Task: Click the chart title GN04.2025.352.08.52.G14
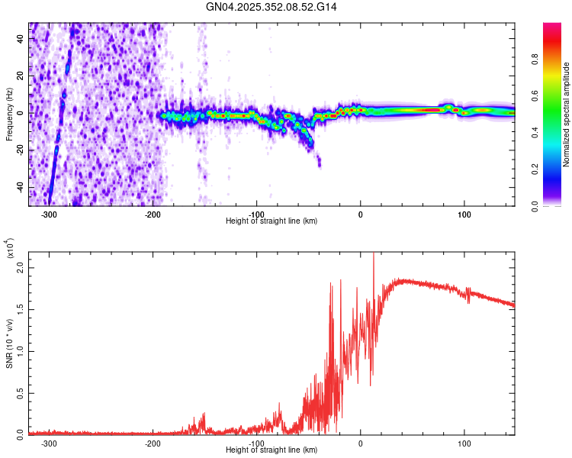pos(272,7)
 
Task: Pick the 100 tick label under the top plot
pos(464,213)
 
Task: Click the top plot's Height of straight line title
pos(272,221)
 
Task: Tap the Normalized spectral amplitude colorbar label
pos(566,114)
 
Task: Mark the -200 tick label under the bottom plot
pos(153,442)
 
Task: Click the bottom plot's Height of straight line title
pos(272,450)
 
